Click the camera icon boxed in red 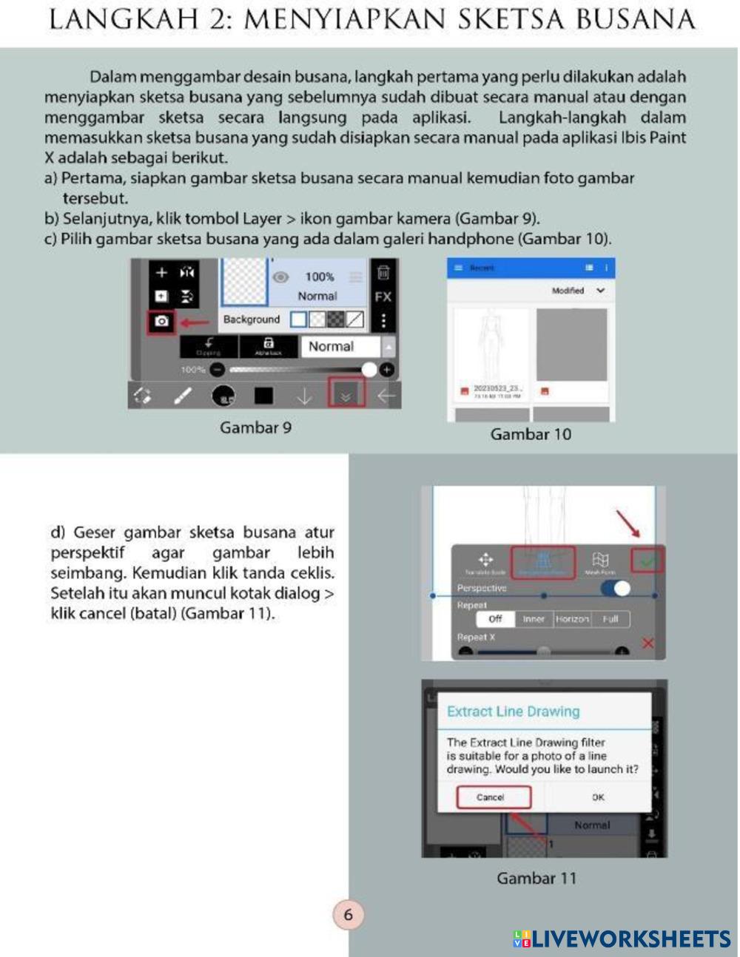(162, 322)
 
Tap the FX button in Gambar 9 (383, 297)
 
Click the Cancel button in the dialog (492, 797)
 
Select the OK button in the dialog (598, 797)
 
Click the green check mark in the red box (647, 562)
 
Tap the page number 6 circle (349, 915)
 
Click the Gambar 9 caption (255, 427)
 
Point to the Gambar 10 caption (531, 434)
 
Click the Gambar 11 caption (536, 878)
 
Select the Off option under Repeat (495, 619)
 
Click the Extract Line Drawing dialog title (513, 711)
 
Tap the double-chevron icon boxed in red (346, 396)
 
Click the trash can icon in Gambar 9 (383, 273)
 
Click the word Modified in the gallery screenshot (568, 291)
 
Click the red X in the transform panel (648, 643)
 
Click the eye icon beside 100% (280, 277)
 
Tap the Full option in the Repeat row (610, 619)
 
